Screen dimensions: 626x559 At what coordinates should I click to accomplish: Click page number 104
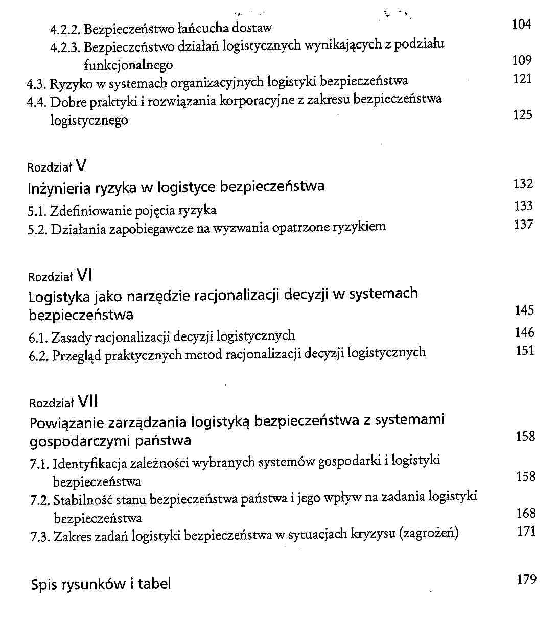pos(521,25)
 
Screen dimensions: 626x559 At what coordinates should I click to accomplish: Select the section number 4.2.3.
pos(66,47)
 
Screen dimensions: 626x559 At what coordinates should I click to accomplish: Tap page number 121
pos(522,79)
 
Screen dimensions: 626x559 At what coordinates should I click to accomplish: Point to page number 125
pos(522,115)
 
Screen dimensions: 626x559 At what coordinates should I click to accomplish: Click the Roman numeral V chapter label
pos(81,165)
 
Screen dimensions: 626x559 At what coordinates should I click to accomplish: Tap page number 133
pos(523,206)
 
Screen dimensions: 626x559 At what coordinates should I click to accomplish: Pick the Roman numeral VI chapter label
pos(85,276)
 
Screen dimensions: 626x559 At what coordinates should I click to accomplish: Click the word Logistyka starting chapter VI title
pos(59,297)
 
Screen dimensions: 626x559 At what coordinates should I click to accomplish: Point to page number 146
pos(524,333)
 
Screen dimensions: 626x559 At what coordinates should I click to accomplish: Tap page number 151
pos(525,351)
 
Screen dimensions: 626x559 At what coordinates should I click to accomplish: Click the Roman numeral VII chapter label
pos(88,402)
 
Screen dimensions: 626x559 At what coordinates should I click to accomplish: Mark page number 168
pos(526,513)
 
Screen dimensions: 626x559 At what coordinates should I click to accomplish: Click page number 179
pos(526,580)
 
